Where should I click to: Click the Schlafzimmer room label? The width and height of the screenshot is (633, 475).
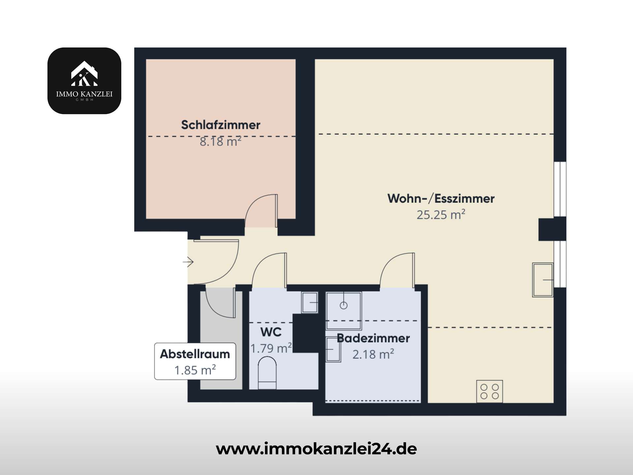click(x=221, y=125)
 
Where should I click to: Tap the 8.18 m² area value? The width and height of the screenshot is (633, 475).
click(x=221, y=142)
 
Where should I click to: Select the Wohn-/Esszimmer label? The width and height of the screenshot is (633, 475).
click(x=441, y=199)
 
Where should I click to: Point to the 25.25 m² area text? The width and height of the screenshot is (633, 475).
click(x=441, y=215)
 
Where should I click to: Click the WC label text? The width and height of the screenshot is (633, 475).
click(x=271, y=332)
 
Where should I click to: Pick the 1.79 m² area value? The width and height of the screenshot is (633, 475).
click(x=271, y=348)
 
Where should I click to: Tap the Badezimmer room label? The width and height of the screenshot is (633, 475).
click(x=373, y=338)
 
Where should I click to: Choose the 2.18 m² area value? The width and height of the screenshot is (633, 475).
click(x=373, y=354)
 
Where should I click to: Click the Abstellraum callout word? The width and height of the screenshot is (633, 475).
click(x=195, y=354)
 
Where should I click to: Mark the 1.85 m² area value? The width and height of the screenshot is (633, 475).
click(x=195, y=370)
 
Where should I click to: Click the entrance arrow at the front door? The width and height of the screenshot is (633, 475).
click(x=188, y=262)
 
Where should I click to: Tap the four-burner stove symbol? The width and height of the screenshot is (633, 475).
click(x=490, y=391)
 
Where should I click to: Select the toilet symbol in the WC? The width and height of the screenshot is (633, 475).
click(x=267, y=373)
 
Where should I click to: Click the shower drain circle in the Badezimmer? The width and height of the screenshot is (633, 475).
click(x=344, y=305)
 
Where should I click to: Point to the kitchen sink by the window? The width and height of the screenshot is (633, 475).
click(x=543, y=280)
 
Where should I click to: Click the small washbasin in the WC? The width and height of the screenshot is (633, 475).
click(x=310, y=302)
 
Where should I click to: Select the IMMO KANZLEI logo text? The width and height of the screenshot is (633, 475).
click(x=84, y=94)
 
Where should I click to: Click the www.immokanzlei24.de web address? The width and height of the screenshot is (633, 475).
click(x=316, y=449)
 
